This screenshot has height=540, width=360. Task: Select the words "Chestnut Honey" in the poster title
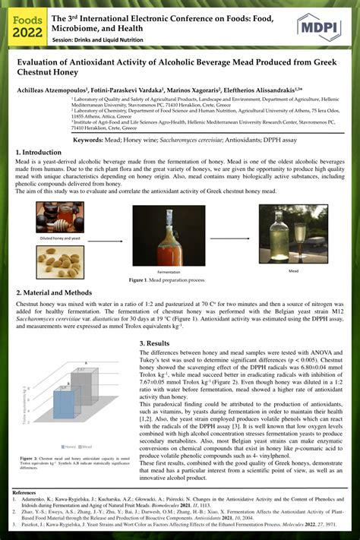43,76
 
